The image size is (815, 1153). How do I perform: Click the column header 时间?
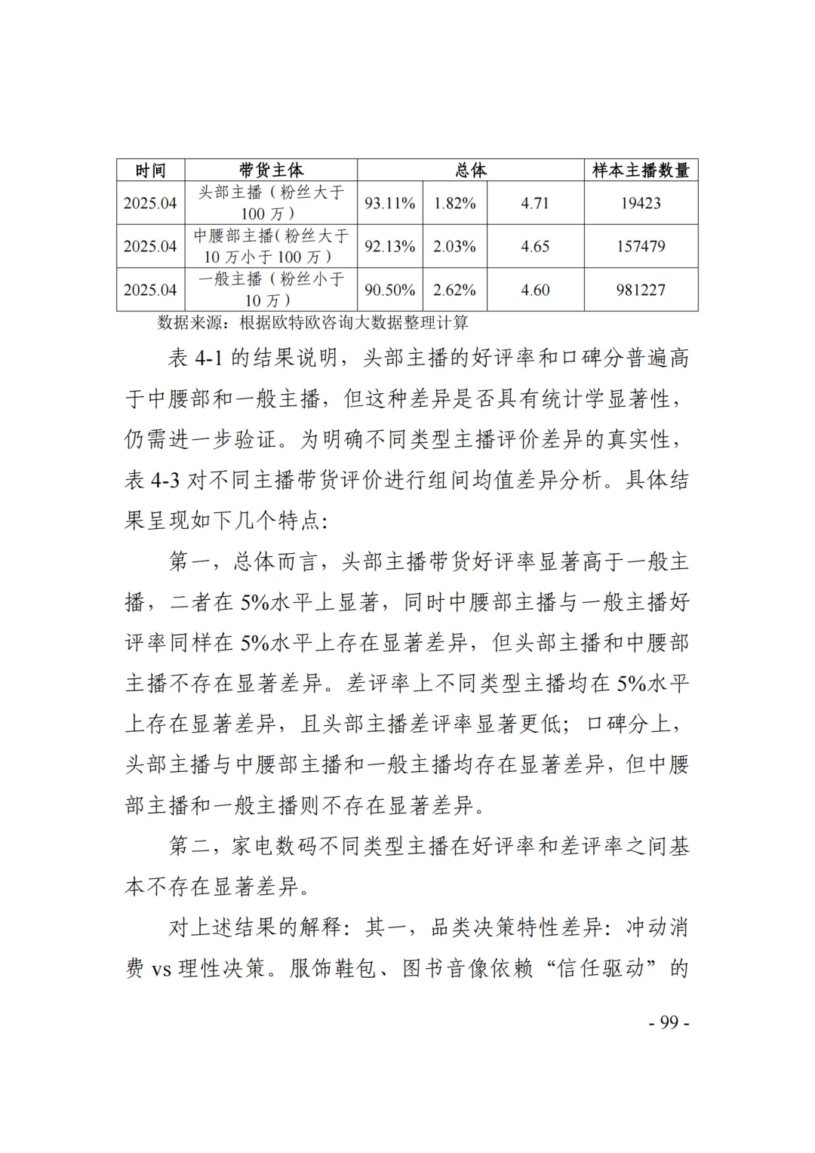150,171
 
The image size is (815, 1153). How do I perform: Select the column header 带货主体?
271,171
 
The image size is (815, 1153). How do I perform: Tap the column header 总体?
471,171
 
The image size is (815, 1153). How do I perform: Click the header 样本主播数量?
641,171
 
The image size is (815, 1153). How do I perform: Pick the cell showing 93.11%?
390,203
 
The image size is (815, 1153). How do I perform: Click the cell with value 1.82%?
454,203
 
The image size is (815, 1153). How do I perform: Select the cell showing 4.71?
535,203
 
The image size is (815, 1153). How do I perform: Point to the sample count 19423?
641,203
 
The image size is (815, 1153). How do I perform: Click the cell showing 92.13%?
390,246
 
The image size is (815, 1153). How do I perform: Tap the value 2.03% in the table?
454,246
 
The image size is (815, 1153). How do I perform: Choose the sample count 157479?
641,246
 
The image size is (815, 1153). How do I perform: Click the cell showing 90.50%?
390,290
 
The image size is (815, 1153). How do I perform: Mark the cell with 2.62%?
454,290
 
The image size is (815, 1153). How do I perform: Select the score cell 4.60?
535,290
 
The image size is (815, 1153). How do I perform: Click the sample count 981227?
641,290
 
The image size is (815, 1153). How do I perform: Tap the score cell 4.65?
535,246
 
